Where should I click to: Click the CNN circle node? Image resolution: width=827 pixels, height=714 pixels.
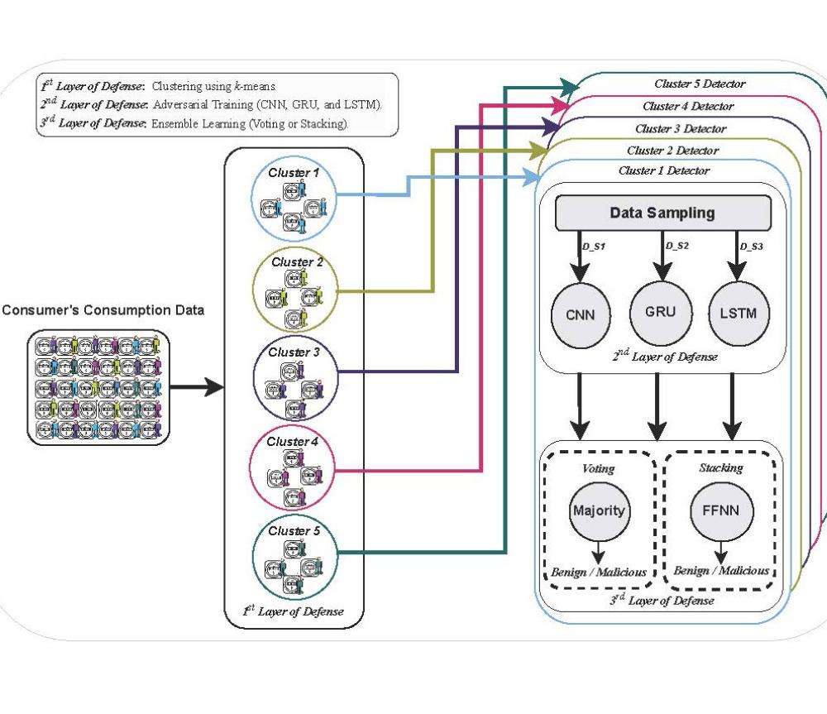[x=580, y=315]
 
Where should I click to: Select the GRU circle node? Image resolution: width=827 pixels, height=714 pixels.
[x=659, y=312]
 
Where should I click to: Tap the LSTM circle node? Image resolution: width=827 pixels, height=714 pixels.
[x=739, y=314]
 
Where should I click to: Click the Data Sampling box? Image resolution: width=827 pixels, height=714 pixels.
[x=662, y=213]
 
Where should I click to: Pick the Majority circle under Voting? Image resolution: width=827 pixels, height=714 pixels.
[x=599, y=510]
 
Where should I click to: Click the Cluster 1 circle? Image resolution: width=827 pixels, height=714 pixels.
[x=293, y=199]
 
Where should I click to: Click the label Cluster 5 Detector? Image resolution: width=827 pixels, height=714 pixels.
[x=700, y=84]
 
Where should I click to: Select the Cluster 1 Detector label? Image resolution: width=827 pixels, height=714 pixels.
[x=663, y=171]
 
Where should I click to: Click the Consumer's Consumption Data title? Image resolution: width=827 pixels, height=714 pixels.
[x=103, y=311]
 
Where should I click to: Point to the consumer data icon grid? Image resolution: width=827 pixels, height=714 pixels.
[x=98, y=386]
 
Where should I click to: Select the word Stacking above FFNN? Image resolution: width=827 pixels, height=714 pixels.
[x=720, y=468]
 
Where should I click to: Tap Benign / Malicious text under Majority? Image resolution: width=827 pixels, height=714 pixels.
[x=599, y=572]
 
